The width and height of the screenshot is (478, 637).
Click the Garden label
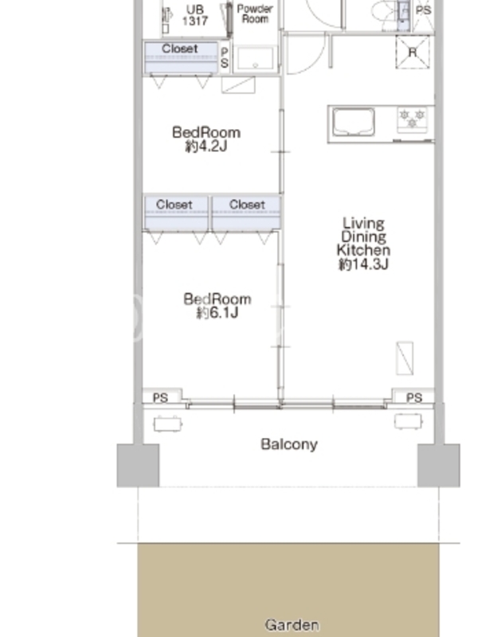tap(292, 624)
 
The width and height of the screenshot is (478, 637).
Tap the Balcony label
tap(289, 444)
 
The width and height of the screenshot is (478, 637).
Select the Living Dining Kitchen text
tap(363, 236)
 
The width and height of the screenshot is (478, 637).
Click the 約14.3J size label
tap(363, 264)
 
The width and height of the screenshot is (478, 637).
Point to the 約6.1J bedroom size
tap(217, 313)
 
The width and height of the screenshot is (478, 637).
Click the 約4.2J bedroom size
tap(206, 147)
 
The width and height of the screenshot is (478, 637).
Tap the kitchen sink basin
tap(354, 122)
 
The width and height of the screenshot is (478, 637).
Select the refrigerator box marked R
tap(413, 52)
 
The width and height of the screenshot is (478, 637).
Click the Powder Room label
tap(255, 14)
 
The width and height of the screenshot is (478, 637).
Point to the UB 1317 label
tap(195, 15)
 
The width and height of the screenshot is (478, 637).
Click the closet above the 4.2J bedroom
tap(182, 57)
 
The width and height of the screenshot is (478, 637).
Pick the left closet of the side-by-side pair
tap(176, 213)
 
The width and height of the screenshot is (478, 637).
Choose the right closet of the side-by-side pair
tap(246, 213)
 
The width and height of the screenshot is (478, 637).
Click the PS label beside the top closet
tap(225, 57)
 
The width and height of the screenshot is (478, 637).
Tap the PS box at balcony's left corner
tap(162, 396)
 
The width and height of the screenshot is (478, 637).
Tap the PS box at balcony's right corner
tap(413, 396)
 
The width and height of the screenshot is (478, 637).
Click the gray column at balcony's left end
tap(138, 465)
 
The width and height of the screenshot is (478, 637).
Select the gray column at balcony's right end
tap(439, 465)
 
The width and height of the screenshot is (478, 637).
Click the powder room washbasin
tap(255, 59)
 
